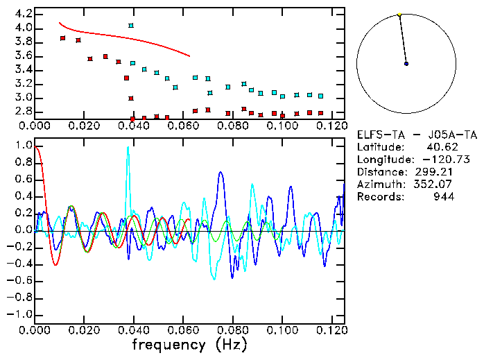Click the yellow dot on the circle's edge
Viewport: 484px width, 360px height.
tap(399, 15)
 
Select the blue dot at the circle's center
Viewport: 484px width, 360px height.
tap(406, 63)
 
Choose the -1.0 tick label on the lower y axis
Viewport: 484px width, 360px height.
tap(18, 314)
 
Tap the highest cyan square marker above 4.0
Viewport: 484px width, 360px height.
tap(131, 26)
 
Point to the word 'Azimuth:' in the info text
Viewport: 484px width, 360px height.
tap(379, 185)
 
